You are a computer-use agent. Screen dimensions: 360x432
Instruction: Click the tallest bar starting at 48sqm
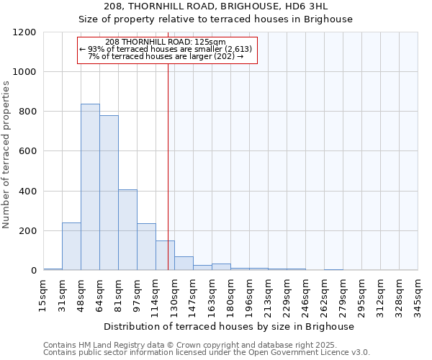pos(90,187)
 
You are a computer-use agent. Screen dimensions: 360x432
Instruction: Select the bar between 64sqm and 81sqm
pos(109,193)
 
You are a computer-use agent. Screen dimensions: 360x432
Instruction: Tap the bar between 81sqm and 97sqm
pos(127,230)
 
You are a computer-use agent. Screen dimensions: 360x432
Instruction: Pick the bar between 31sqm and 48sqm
pos(71,246)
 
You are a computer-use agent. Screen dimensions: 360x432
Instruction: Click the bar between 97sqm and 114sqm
pos(146,247)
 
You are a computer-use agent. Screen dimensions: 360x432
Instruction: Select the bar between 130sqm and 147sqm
pos(184,264)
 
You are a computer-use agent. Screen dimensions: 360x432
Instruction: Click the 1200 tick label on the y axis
pos(24,32)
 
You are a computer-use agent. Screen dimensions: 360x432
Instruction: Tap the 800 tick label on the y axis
pos(27,112)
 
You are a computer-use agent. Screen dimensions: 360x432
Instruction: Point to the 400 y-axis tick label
pos(27,192)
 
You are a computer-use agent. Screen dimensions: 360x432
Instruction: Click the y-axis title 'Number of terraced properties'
pos(7,155)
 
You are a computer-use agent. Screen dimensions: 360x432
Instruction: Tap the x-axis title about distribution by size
pos(230,327)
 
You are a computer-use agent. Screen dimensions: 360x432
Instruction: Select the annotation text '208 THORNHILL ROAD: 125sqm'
pos(166,42)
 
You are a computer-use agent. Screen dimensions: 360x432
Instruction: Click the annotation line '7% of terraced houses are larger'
pos(166,56)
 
